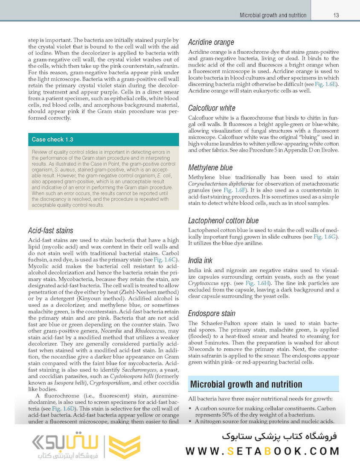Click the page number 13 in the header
[336, 15]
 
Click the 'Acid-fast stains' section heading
[50, 231]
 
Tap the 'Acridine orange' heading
[211, 42]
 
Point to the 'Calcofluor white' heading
[212, 108]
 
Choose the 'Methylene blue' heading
[210, 168]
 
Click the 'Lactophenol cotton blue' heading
[223, 221]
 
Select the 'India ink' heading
[200, 260]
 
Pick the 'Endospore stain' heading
[212, 314]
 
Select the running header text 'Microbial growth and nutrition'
[273, 15]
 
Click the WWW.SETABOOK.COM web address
[262, 451]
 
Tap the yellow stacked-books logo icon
[124, 447]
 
